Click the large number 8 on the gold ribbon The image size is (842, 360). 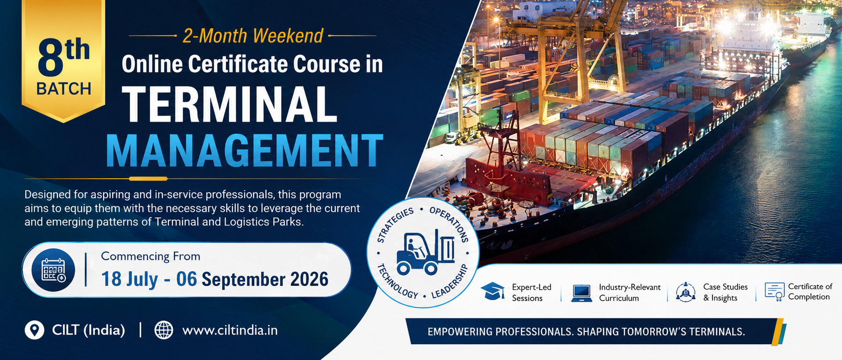coord(50,58)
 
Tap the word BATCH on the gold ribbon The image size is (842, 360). coord(64,89)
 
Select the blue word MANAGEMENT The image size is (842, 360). coord(244,151)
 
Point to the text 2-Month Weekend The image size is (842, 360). coord(253,36)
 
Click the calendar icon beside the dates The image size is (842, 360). coord(53,270)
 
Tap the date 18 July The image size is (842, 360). coord(129,279)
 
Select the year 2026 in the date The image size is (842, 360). coord(309,279)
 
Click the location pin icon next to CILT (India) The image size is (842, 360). coord(34,330)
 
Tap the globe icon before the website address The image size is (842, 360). coord(164,330)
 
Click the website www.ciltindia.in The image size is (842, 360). coord(230,330)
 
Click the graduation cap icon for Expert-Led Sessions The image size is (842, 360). coord(492,292)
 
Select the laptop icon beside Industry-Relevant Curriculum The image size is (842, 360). coord(581,293)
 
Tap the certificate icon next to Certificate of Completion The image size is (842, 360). coord(774,292)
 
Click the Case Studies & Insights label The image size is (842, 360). coord(725,292)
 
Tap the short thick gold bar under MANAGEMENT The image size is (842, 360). coord(148,179)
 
